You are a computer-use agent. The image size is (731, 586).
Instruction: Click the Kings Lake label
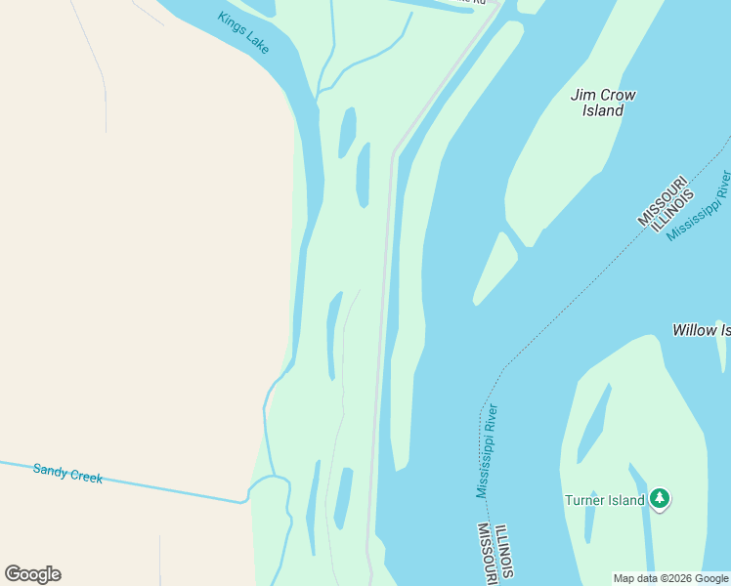coord(244,33)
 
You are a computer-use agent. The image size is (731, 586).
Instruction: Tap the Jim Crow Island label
coord(603,103)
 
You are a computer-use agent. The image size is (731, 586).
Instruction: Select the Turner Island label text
coord(605,500)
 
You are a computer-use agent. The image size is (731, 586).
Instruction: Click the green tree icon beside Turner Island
coord(661,499)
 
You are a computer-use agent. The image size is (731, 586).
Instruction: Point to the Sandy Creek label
coord(67,474)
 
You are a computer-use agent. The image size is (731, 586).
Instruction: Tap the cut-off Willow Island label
coord(701,330)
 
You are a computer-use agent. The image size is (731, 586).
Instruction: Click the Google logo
coord(32,574)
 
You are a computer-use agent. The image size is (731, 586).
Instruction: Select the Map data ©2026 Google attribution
coord(670,578)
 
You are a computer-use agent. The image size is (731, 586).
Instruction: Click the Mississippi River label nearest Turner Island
coord(488,450)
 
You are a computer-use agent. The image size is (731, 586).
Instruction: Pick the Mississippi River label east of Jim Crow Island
coord(698,205)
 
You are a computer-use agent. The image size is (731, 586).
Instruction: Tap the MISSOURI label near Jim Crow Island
coord(662,201)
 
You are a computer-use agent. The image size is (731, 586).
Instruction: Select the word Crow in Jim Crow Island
coord(618,95)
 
